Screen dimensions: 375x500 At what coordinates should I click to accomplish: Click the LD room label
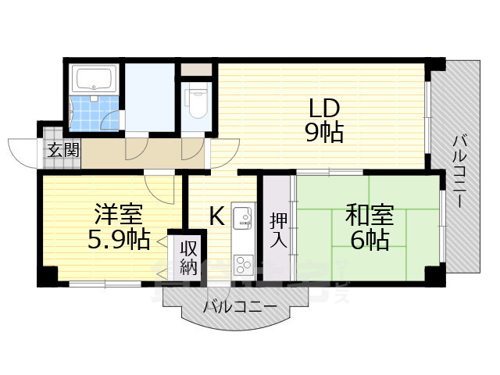[323, 107]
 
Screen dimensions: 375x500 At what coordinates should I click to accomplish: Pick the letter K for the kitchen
[216, 213]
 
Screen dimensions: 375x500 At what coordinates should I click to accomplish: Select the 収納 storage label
[188, 258]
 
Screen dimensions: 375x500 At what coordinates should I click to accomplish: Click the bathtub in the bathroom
[93, 79]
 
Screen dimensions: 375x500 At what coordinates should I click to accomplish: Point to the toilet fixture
[197, 100]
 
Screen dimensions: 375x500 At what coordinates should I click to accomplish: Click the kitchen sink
[241, 216]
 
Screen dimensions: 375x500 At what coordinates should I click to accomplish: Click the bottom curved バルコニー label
[240, 306]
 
